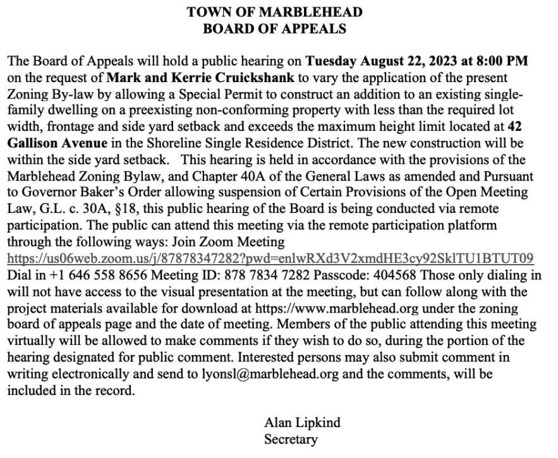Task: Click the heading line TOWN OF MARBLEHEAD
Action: [x=274, y=12]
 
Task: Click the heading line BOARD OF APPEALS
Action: [x=274, y=28]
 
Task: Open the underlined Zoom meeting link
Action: [x=270, y=258]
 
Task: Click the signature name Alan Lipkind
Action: [x=302, y=423]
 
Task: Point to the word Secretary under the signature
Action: [x=291, y=439]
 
